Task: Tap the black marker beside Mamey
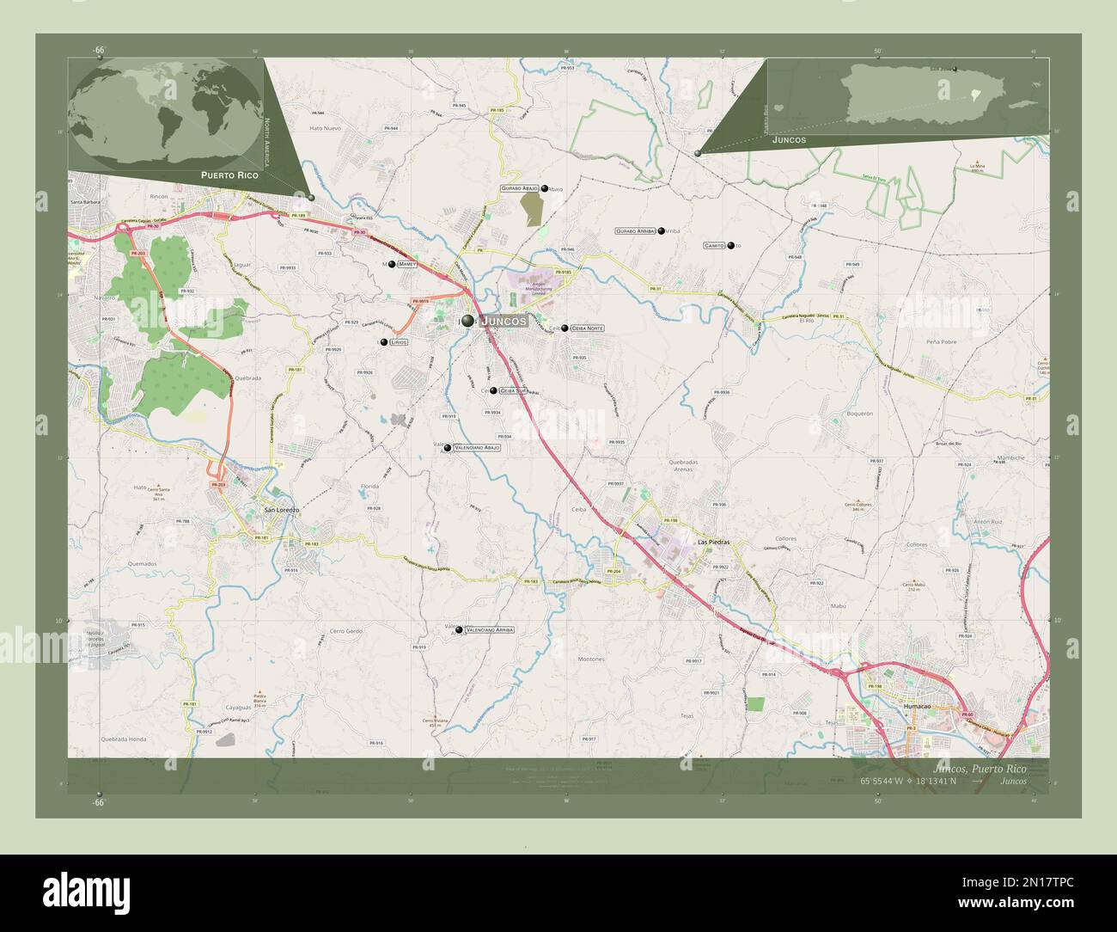point(391,265)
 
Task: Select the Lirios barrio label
point(398,342)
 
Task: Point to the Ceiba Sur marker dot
point(493,390)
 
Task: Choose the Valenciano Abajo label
point(477,448)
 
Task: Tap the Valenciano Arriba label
point(489,630)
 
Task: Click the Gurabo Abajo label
point(519,187)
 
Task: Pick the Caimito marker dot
point(730,246)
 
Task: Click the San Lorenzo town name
point(281,510)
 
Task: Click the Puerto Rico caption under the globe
point(229,175)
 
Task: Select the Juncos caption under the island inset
point(790,138)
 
